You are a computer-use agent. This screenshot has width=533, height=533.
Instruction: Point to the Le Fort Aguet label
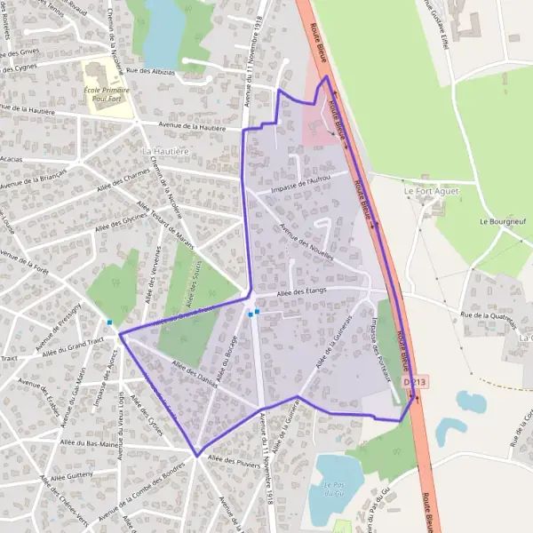pos(425,191)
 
